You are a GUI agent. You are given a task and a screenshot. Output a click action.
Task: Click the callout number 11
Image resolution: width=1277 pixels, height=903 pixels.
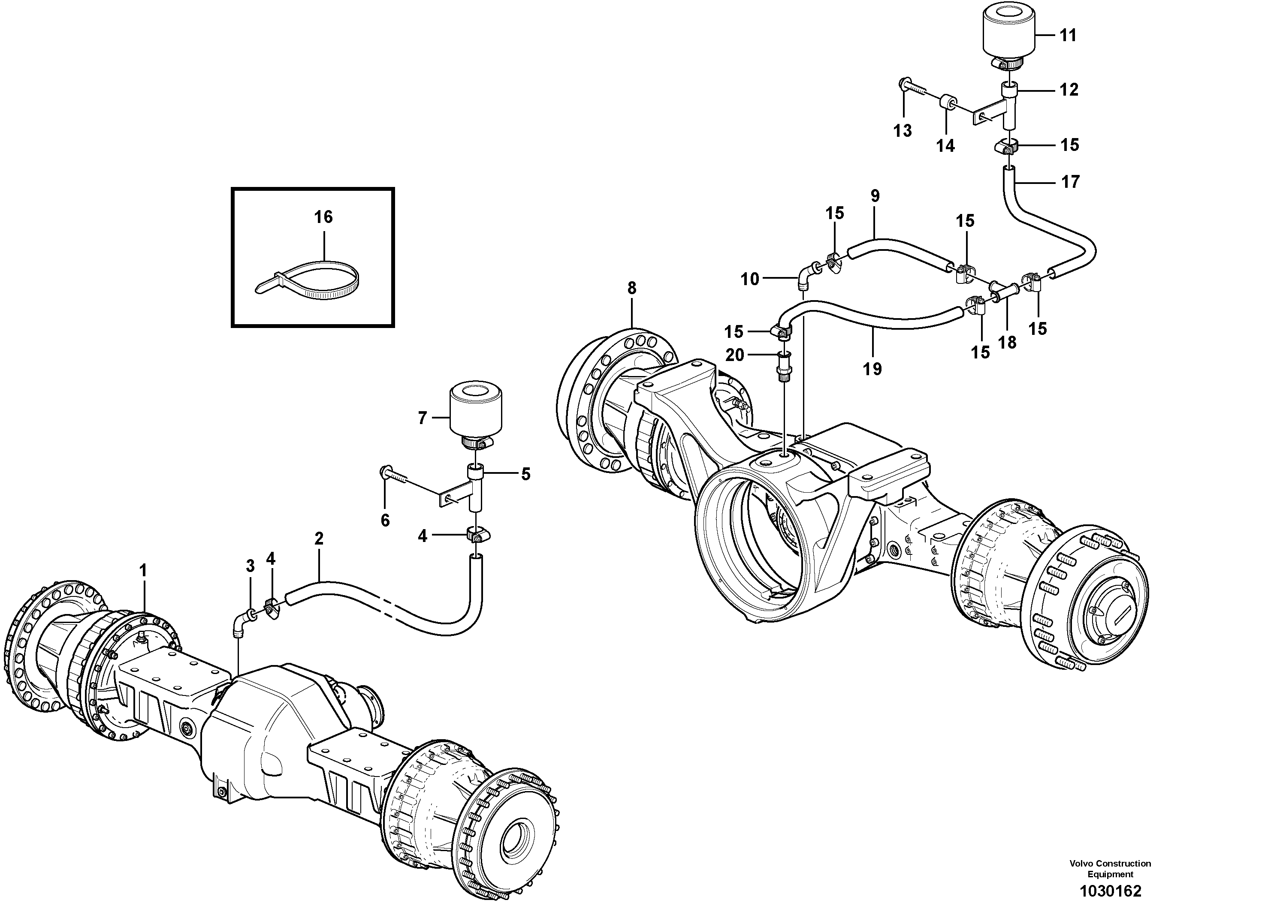pyautogui.click(x=1068, y=36)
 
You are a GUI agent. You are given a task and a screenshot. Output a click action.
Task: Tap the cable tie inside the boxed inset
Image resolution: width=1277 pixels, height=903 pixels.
pyautogui.click(x=311, y=278)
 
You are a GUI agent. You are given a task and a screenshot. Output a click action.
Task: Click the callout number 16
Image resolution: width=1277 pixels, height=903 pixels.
pyautogui.click(x=324, y=217)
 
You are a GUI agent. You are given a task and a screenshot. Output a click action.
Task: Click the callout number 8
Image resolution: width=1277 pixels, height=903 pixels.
pyautogui.click(x=631, y=288)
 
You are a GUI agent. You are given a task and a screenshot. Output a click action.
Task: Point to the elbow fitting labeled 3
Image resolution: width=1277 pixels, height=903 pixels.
pyautogui.click(x=242, y=622)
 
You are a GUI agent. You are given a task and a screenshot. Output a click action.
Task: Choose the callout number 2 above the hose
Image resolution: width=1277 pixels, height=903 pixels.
pyautogui.click(x=319, y=538)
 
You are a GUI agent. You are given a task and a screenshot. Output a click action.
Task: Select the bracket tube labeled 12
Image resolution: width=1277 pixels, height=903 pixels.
pyautogui.click(x=1010, y=103)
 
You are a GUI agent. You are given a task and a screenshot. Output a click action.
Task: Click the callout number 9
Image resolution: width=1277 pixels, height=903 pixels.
pyautogui.click(x=875, y=196)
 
